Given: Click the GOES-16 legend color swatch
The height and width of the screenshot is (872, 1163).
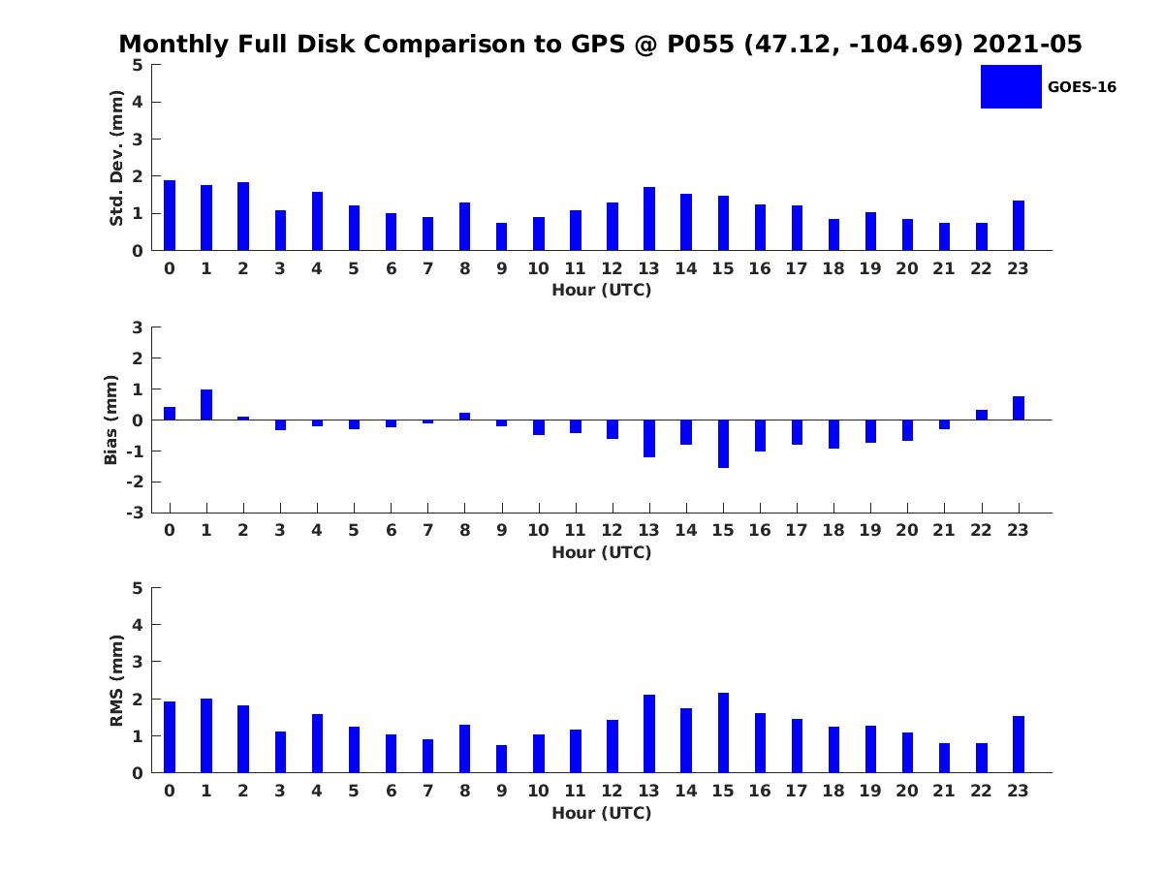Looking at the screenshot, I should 1011,86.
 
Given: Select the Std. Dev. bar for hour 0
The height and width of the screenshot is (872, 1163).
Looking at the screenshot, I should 170,215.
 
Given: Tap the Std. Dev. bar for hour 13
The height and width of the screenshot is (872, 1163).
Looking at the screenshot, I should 649,219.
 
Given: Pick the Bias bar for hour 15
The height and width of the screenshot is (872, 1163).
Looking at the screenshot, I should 723,444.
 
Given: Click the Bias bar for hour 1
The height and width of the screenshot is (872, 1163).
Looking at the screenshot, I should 206,405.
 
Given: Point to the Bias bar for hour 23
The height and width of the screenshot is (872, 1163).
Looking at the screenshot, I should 1019,408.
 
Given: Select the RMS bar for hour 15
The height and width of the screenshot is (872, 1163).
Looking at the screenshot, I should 723,732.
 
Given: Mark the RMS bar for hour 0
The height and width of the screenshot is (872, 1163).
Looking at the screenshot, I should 170,737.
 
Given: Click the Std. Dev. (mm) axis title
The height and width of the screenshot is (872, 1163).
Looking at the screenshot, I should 117,158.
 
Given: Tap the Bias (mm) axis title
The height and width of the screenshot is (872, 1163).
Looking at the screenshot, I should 112,420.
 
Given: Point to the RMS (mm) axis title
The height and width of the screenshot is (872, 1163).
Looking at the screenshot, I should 117,680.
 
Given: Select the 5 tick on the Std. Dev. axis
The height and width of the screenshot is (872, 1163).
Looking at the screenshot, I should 139,65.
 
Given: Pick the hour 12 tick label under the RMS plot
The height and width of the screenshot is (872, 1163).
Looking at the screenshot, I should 613,791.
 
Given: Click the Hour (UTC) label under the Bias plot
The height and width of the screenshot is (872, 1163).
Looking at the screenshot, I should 601,553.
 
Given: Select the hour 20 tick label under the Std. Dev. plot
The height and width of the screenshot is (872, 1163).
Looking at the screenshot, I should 907,268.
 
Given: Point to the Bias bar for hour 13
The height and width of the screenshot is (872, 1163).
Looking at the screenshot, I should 649,438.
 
